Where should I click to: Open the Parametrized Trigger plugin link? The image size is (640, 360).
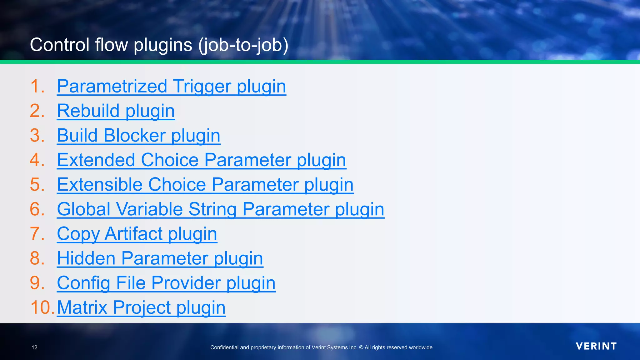[x=171, y=86]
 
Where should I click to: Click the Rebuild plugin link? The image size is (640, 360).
[x=116, y=111]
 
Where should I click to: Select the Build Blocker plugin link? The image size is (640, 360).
[x=138, y=136]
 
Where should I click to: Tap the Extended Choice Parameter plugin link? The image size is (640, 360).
[x=201, y=160]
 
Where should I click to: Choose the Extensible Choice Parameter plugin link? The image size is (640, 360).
[x=205, y=185]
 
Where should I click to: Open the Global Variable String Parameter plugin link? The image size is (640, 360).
[x=220, y=209]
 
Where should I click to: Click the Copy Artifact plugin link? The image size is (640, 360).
[x=137, y=234]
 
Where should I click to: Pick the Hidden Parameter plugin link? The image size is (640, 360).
[x=160, y=258]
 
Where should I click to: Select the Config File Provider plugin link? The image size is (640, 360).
[x=166, y=283]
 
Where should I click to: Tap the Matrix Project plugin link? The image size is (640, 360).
[x=141, y=307]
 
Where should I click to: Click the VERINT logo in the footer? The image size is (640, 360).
[x=596, y=346]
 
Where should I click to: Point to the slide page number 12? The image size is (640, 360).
[x=34, y=347]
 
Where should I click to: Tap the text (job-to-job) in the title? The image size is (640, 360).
[x=243, y=45]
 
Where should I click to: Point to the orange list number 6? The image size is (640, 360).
[x=37, y=209]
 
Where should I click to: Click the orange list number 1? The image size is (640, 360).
[x=37, y=86]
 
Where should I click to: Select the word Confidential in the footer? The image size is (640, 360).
[x=224, y=347]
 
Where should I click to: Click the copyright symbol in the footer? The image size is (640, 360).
[x=361, y=347]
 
